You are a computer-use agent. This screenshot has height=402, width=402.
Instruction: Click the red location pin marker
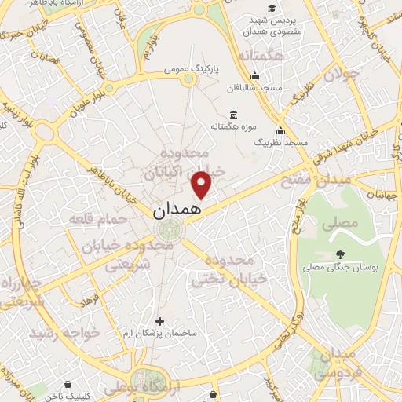click(203, 184)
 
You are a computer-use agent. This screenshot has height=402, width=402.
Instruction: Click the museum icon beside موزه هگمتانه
click(232, 115)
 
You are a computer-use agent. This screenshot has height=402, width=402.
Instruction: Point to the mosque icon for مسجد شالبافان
click(254, 77)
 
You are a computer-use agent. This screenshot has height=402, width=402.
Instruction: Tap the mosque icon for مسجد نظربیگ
click(280, 131)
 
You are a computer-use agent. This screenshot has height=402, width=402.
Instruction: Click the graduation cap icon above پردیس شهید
click(271, 9)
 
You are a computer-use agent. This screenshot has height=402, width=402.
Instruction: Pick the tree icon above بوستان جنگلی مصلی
click(339, 254)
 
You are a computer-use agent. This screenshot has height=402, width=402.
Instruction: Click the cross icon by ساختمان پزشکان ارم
click(160, 321)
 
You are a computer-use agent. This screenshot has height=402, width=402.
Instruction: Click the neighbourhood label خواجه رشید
click(66, 333)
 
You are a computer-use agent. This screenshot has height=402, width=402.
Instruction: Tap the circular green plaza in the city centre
click(167, 230)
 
